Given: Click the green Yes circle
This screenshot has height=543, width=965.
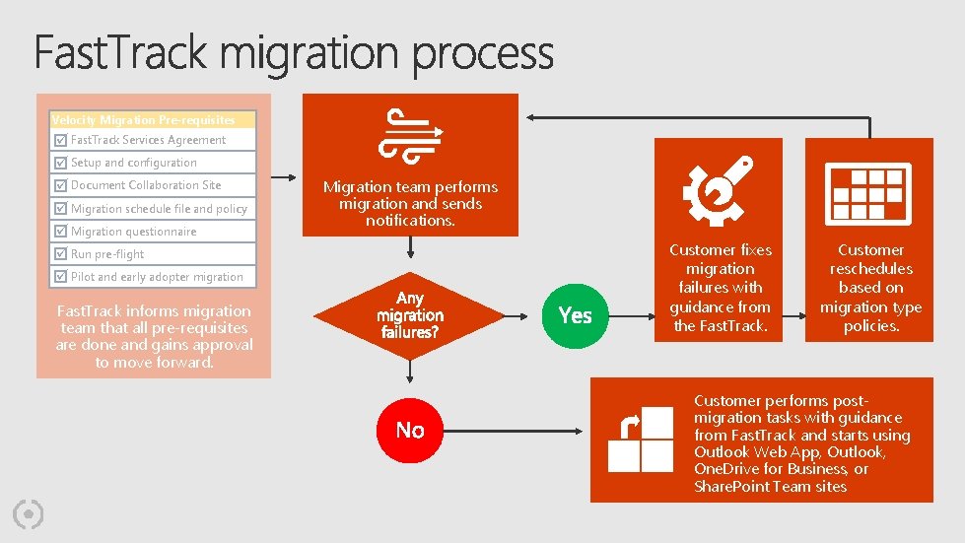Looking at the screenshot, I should coord(575,314).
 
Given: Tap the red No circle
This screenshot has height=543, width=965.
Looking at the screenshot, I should coord(410,430).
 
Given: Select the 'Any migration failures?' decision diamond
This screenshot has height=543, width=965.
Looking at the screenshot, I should coord(410,315).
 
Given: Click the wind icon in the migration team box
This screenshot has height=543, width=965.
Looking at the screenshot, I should coord(410,134).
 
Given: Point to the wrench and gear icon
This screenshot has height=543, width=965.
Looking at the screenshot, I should coord(719,191).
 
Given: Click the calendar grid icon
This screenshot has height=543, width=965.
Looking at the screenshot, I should coord(868,191).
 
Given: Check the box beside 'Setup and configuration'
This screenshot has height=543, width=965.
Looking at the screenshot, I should coord(61,163).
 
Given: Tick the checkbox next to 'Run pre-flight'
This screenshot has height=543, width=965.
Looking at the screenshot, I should coord(61,254).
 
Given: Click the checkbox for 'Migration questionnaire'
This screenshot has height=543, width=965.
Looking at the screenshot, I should coord(61,232).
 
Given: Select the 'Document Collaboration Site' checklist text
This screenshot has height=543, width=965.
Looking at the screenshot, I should coord(146,185).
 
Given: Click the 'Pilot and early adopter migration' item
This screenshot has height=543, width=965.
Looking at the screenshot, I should coord(157,277).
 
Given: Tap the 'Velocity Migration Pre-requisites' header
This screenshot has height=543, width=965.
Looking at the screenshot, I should coord(144,120).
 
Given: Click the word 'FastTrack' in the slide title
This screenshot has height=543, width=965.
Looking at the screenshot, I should coord(122,53).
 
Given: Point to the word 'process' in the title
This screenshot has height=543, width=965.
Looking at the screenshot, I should coord(483,55).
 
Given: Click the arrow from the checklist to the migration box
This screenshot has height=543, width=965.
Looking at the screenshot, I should coord(279,178).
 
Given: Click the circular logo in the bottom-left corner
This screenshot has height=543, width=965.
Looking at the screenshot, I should coord(30,513).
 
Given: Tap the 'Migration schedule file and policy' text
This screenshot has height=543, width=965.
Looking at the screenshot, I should coord(159,209).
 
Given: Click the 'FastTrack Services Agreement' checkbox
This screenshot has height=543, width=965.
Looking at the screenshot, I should coord(61,140).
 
